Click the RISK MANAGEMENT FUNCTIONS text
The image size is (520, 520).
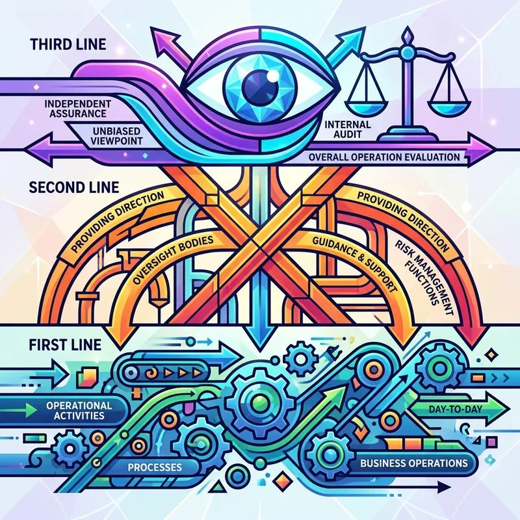[423, 270]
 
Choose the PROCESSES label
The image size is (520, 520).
[155, 467]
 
